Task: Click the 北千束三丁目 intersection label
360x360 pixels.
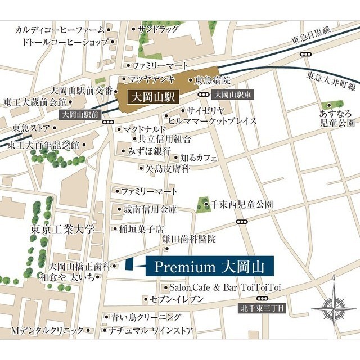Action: (263, 308)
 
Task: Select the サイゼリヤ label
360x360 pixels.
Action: (206, 110)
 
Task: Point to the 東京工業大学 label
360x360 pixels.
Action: (63, 230)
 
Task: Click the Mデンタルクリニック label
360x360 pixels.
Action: (51, 330)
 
